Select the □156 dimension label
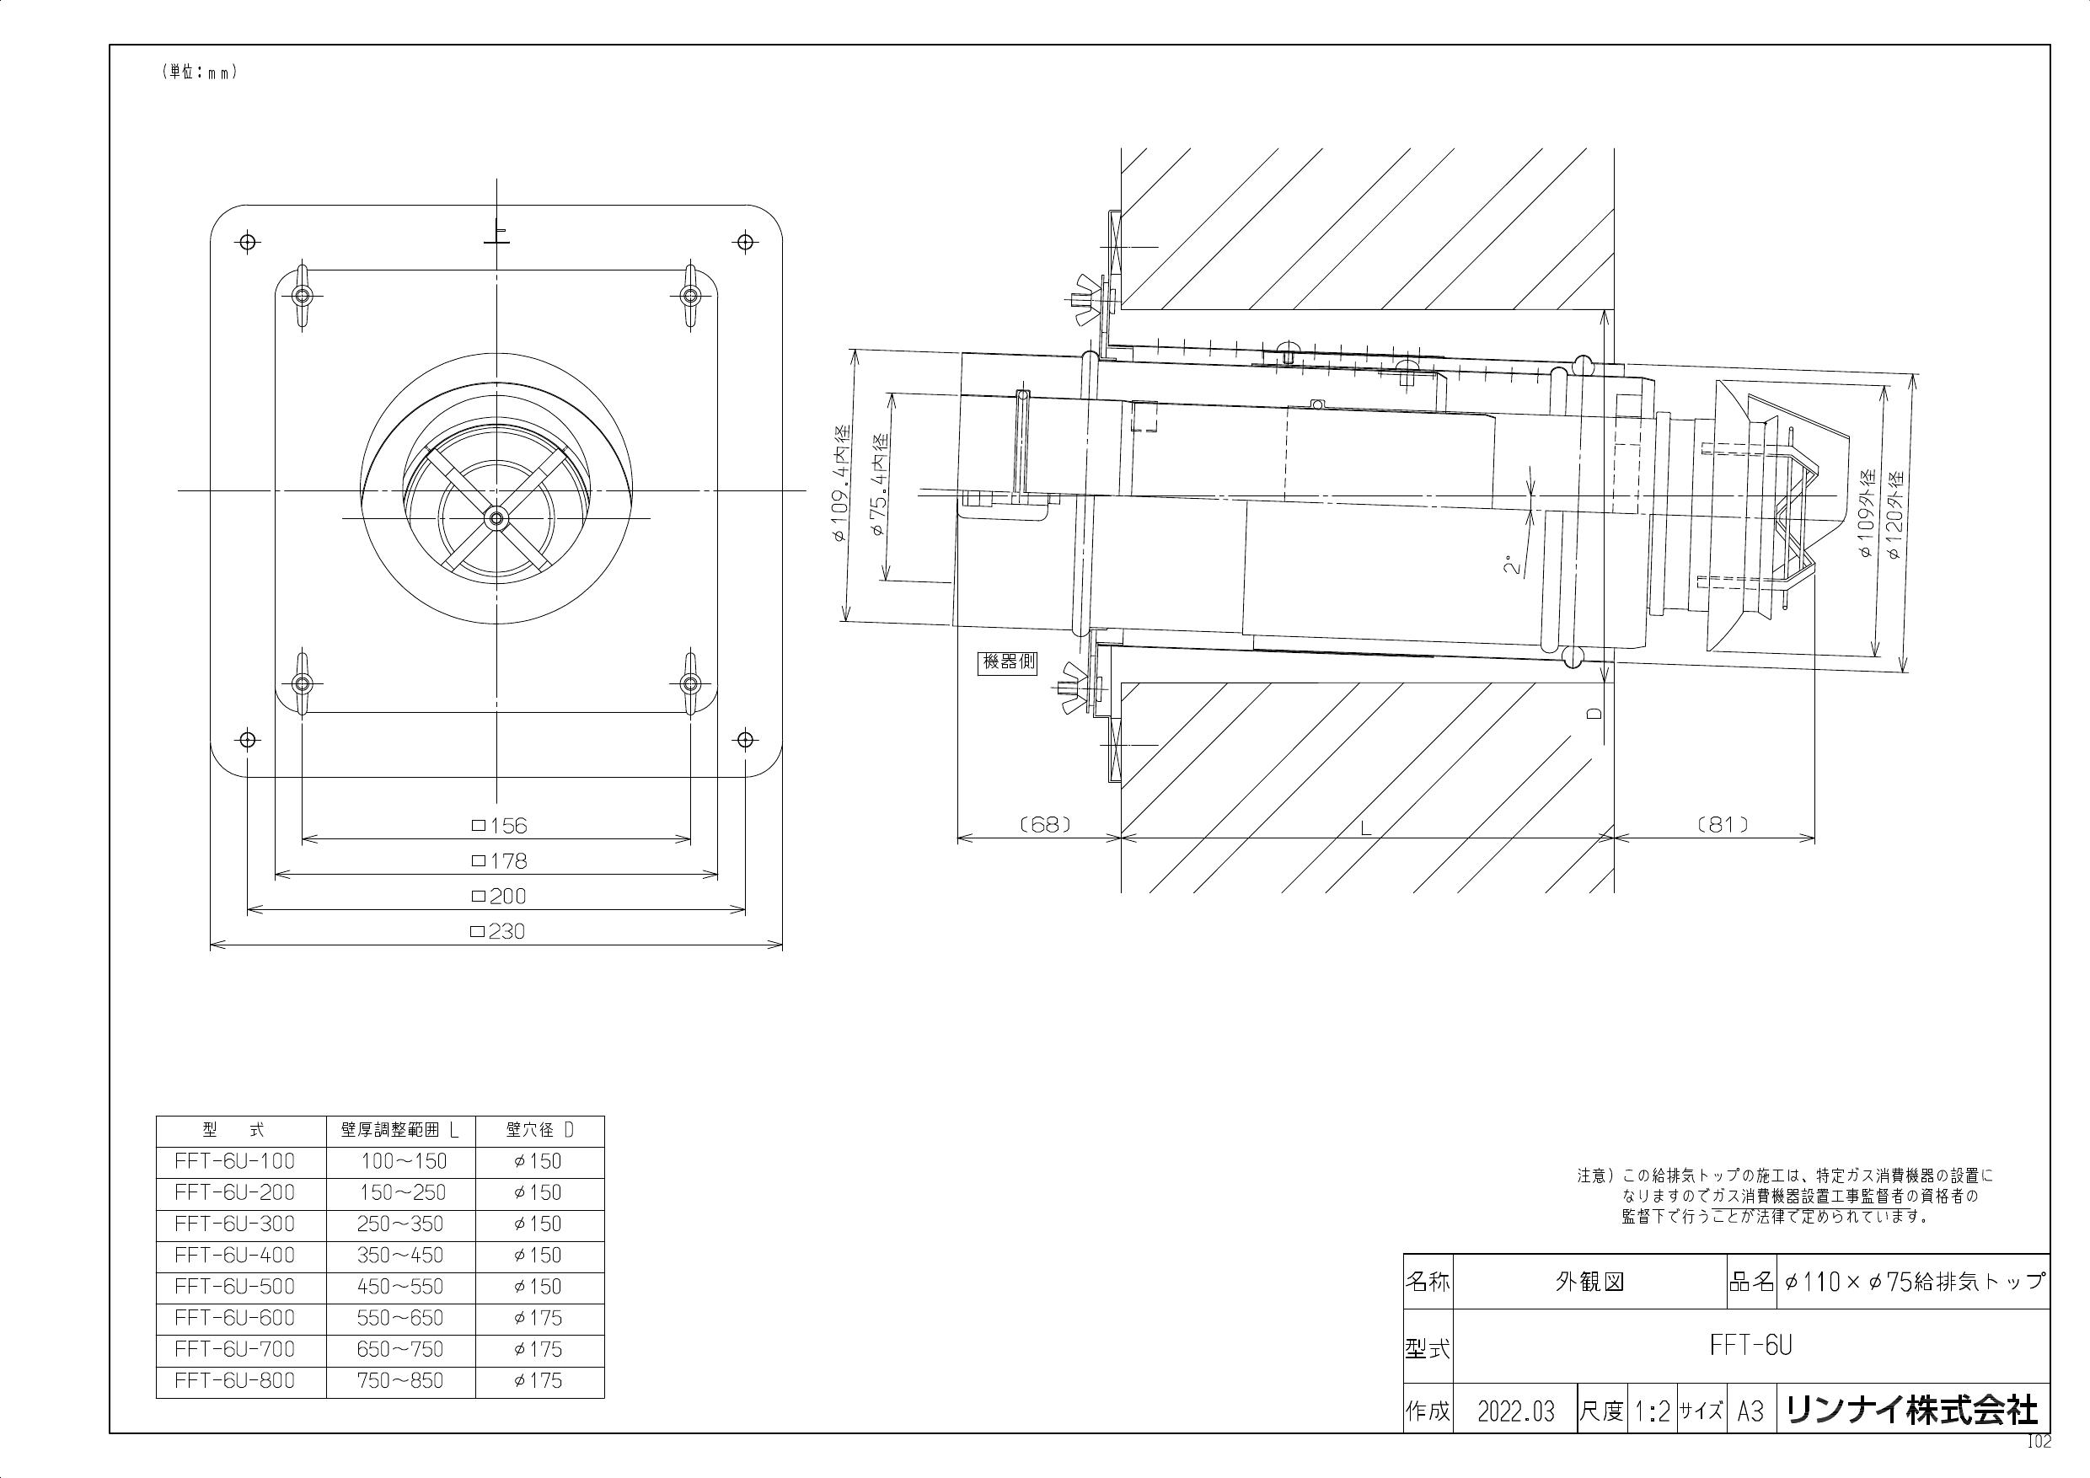pos(500,826)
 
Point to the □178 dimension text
pos(500,861)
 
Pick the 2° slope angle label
pos(1512,565)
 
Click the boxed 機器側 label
pos(1008,661)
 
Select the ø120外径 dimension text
pos(1896,513)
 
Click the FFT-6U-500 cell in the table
pos(235,1287)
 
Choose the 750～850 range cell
pos(400,1380)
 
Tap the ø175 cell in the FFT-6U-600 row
pos(538,1318)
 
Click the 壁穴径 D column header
pos(540,1130)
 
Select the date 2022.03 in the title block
pos(1517,1411)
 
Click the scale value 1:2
pos(1651,1411)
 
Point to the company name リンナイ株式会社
pos(1911,1411)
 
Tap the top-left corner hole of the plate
pos(246,242)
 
